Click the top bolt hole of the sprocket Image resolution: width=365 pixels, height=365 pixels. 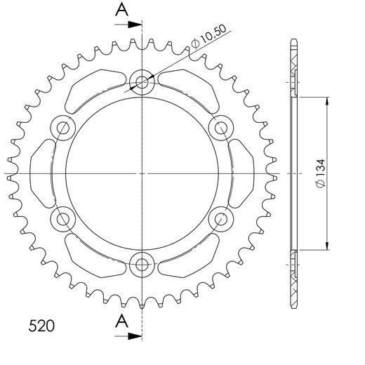[x=142, y=83]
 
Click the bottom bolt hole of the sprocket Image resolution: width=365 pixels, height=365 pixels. [x=142, y=264]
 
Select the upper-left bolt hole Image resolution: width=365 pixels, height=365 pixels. [x=64, y=128]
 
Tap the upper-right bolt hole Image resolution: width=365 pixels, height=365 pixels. [x=221, y=128]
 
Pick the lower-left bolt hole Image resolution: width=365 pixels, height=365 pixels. [x=64, y=218]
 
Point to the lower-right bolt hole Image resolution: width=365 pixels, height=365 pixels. [x=221, y=218]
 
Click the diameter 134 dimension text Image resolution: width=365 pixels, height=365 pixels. [x=319, y=173]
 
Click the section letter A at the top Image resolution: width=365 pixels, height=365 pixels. [x=121, y=9]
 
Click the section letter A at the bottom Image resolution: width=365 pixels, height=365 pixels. [x=121, y=321]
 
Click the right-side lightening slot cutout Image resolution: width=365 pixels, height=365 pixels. [x=243, y=173]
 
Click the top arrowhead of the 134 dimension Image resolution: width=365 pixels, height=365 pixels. [x=327, y=100]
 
